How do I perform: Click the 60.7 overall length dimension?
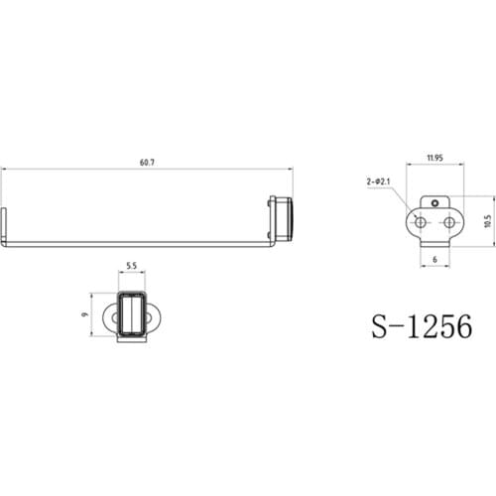147,162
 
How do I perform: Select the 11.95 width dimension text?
434,158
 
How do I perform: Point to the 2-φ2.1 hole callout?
379,183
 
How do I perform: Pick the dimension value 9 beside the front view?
85,317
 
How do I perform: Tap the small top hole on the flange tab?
435,203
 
